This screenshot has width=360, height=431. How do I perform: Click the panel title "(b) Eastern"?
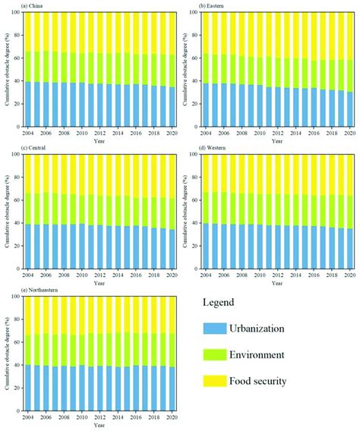click(x=213, y=6)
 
